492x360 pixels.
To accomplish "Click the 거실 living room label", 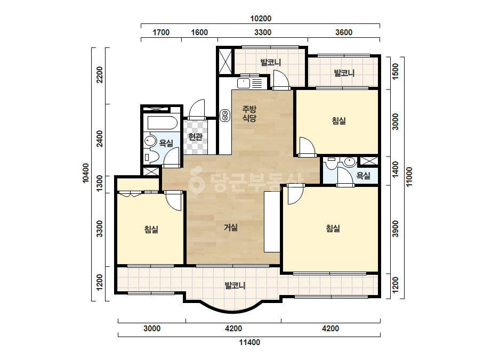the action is (x=231, y=227).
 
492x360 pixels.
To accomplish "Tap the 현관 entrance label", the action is (x=195, y=137).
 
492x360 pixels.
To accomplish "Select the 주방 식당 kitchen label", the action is (x=249, y=113).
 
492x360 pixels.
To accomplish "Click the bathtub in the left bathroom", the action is (x=162, y=122).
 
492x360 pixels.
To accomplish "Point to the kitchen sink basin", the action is (x=244, y=84).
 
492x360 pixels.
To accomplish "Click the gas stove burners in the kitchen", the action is (x=225, y=115).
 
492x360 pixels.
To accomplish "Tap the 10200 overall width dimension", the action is (x=261, y=19).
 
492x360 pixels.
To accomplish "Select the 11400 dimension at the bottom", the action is (x=250, y=342).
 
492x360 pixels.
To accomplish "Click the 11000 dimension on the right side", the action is (x=409, y=177).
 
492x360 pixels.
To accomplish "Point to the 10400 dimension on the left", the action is (x=85, y=173).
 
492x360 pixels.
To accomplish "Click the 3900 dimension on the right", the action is (x=396, y=229).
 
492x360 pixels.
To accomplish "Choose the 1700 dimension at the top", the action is (x=161, y=32).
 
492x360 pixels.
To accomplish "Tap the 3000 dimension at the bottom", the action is (x=152, y=329).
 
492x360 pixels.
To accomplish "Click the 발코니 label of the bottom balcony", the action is (x=235, y=285).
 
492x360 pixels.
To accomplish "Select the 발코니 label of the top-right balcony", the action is (x=344, y=73).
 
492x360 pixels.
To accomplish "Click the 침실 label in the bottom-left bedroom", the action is (x=151, y=229).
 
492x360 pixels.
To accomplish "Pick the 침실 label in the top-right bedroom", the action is (x=339, y=121).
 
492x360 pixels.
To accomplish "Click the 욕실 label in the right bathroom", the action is (x=364, y=176).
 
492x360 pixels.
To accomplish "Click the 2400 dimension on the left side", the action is (x=100, y=138).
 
